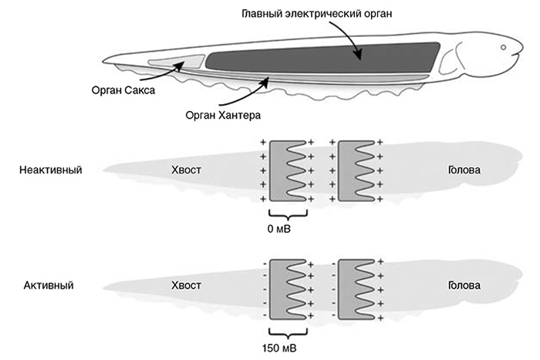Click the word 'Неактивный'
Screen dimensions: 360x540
[x=51, y=169]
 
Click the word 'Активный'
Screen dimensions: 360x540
[x=48, y=284]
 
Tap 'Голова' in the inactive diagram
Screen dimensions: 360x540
[x=464, y=169]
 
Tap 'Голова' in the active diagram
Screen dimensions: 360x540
[x=464, y=284]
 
